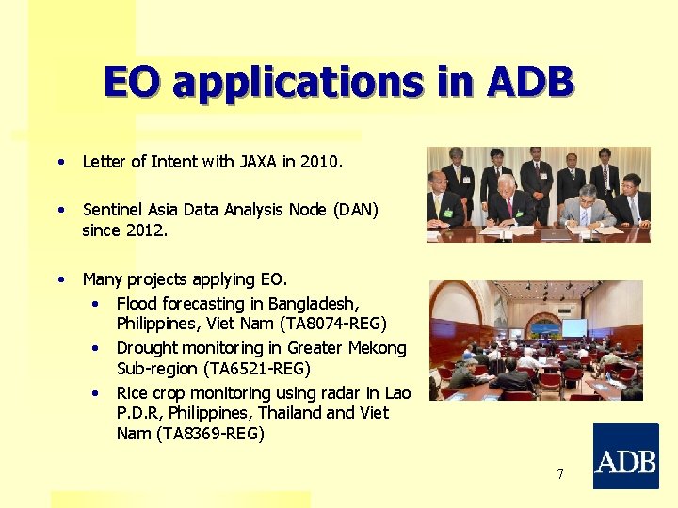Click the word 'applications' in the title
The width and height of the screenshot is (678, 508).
pyautogui.click(x=299, y=83)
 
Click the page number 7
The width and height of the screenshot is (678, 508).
pyautogui.click(x=559, y=474)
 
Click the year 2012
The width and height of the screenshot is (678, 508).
pyautogui.click(x=147, y=229)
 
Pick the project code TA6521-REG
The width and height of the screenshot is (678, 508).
pyautogui.click(x=250, y=368)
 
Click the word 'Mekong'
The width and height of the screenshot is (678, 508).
pyautogui.click(x=377, y=348)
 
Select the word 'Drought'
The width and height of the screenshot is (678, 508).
pyautogui.click(x=146, y=348)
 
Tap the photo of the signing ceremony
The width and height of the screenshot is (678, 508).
pyautogui.click(x=538, y=195)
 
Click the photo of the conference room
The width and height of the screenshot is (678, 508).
pyautogui.click(x=536, y=341)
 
